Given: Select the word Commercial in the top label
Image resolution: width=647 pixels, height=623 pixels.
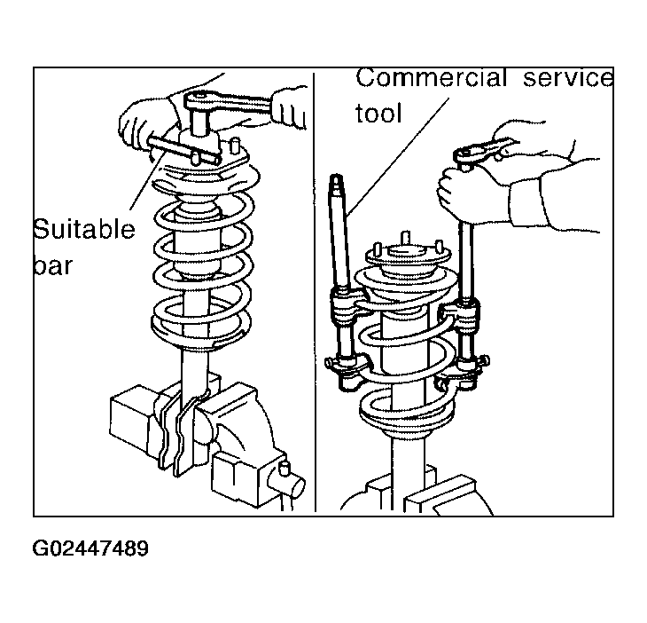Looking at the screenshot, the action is (x=432, y=77).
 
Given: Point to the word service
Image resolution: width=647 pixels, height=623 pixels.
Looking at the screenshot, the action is (x=568, y=78).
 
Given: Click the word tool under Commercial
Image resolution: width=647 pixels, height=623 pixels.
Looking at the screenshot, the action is (x=378, y=113).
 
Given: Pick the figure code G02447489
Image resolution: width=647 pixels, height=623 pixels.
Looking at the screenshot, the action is (x=90, y=548).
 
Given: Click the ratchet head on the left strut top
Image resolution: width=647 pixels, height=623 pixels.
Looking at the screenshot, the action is (x=198, y=101).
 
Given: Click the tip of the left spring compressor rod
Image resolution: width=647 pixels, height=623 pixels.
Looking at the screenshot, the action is (x=336, y=177).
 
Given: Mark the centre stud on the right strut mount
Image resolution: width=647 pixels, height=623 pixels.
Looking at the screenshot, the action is (x=406, y=239).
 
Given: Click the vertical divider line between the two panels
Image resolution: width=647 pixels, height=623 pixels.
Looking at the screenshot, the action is (x=315, y=292).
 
